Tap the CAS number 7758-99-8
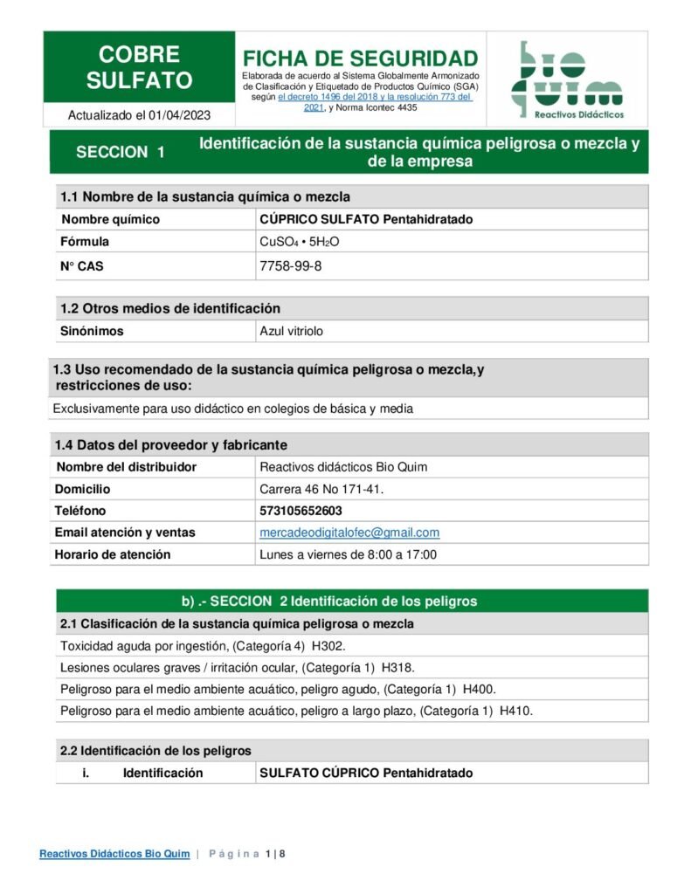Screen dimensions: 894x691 coord(291,266)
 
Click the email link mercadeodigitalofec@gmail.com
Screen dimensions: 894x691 coord(349,533)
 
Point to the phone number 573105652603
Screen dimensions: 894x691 coord(301,511)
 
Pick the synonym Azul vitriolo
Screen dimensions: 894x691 coord(292,332)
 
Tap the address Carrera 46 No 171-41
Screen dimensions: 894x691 coord(321,489)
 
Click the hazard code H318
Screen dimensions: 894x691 coord(399,668)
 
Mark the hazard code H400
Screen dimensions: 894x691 coord(480,689)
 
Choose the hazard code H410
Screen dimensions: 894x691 coord(515,711)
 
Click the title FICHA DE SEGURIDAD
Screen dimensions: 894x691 coord(360,58)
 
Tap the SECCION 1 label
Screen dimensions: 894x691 coord(121,152)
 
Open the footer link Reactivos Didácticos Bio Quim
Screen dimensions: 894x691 coord(114,854)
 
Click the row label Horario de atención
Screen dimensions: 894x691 coord(113,554)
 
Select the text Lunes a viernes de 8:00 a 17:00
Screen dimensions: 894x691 coord(348,554)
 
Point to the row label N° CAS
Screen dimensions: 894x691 coord(81,266)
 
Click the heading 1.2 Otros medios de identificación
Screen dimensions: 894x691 coord(170,308)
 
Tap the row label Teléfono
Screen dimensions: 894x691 coord(80,511)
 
